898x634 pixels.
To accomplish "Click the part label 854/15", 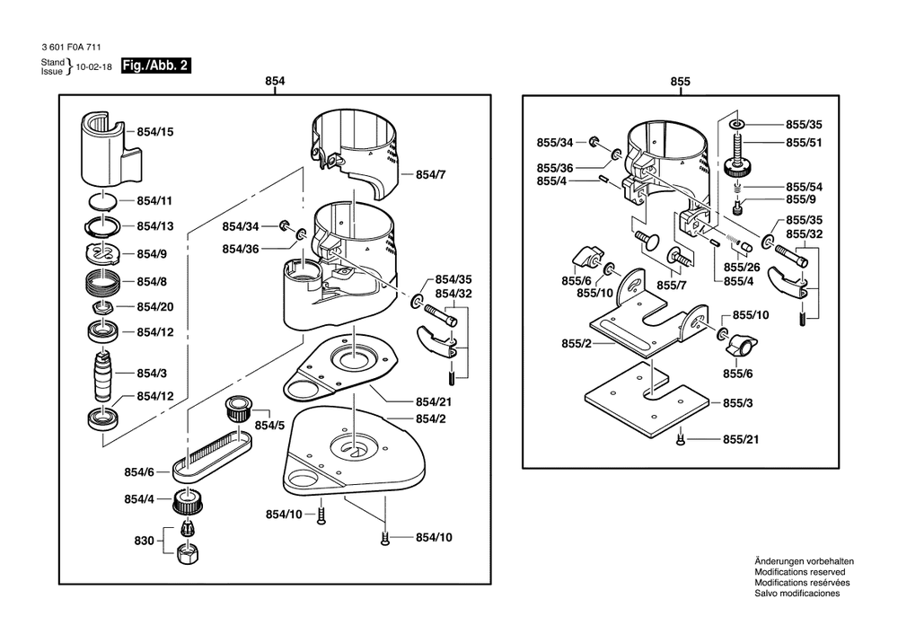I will [154, 132].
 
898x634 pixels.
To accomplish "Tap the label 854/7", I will [430, 173].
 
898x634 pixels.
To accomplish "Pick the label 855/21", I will [741, 439].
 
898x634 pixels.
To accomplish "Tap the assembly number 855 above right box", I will [681, 82].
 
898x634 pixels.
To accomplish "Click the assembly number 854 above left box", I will [275, 82].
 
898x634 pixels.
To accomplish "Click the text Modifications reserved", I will [799, 571].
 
